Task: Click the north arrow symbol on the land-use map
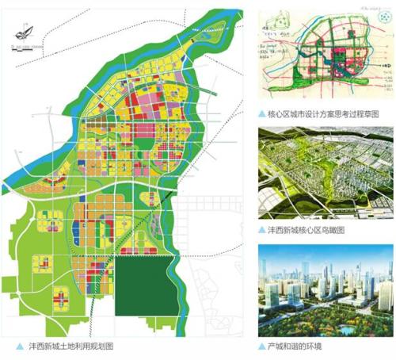pos(23,36)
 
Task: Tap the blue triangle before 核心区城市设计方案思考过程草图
pos(262,114)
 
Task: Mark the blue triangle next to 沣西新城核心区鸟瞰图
pos(262,230)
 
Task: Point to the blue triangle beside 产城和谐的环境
pos(262,347)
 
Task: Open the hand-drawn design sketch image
pos(326,56)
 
